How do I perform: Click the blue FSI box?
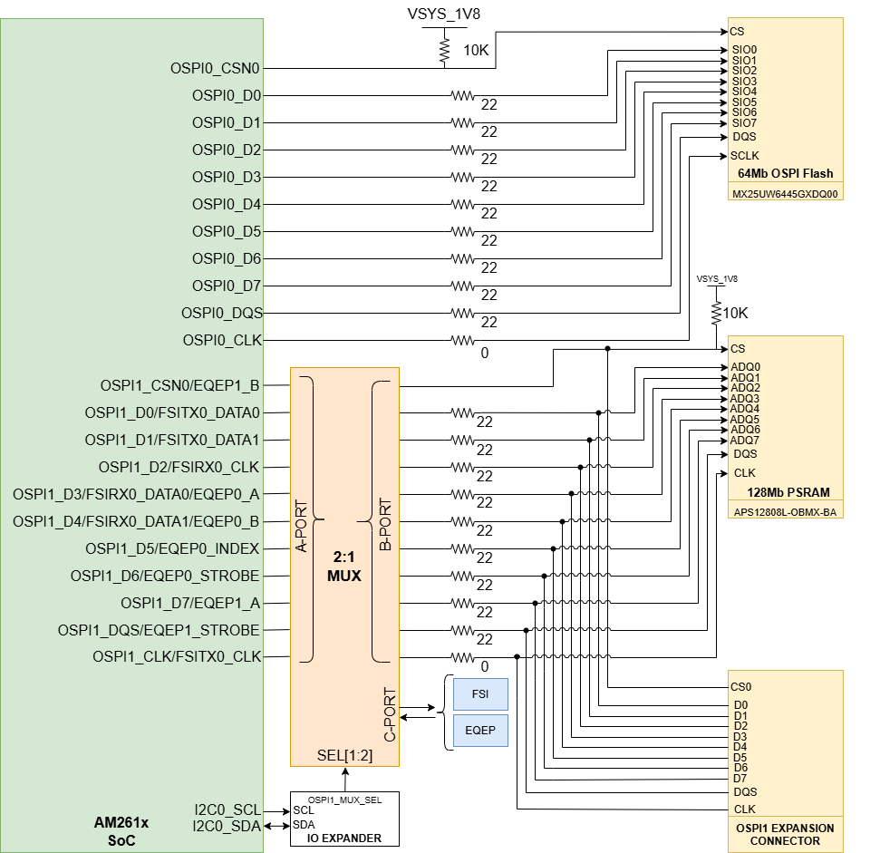pyautogui.click(x=480, y=693)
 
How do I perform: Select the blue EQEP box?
pyautogui.click(x=480, y=730)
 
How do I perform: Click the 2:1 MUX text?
pyautogui.click(x=344, y=567)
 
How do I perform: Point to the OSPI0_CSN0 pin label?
pyautogui.click(x=215, y=68)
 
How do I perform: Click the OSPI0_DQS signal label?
pyautogui.click(x=222, y=313)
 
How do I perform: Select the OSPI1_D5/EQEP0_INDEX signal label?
pyautogui.click(x=172, y=548)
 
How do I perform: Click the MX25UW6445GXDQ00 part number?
pyautogui.click(x=785, y=192)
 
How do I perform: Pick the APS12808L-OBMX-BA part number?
pyautogui.click(x=785, y=511)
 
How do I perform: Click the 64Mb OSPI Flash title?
pyautogui.click(x=785, y=173)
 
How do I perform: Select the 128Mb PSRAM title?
pyautogui.click(x=785, y=493)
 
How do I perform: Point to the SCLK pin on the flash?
pyautogui.click(x=745, y=155)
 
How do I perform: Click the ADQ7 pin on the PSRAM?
pyautogui.click(x=745, y=441)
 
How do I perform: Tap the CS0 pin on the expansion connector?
pyautogui.click(x=742, y=687)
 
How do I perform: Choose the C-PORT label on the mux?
pyautogui.click(x=391, y=713)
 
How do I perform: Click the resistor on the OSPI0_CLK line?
pyautogui.click(x=462, y=340)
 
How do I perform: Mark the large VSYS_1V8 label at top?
pyautogui.click(x=444, y=15)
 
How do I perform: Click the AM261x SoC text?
pyautogui.click(x=121, y=831)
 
